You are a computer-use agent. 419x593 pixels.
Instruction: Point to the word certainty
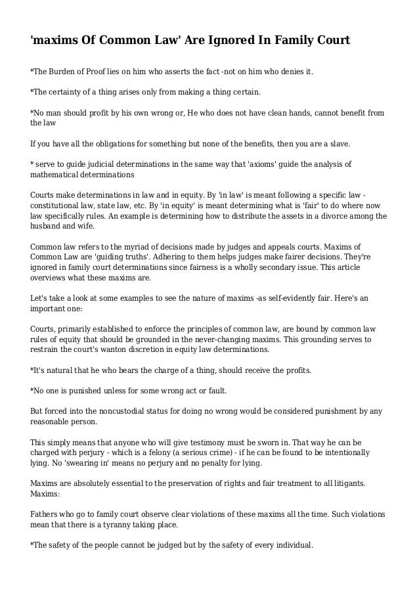(x=68, y=91)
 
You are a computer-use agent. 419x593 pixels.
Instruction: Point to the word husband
(x=47, y=227)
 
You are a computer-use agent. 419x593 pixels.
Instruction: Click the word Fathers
(x=47, y=514)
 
